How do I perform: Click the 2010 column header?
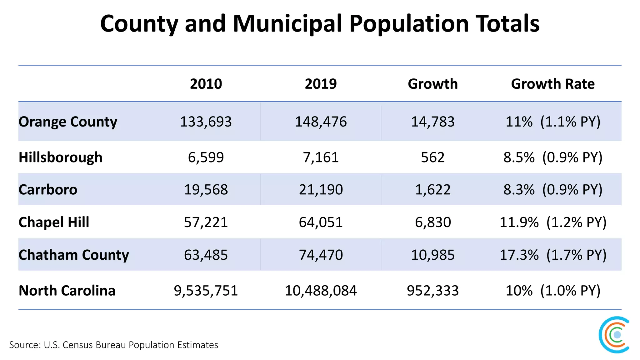click(206, 84)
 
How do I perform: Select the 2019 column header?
click(321, 84)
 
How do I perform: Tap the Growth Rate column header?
click(552, 84)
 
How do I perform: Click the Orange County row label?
click(68, 122)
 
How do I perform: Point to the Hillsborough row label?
click(60, 157)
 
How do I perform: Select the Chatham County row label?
click(73, 255)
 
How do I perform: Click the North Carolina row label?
click(67, 291)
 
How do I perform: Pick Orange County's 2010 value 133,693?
click(206, 122)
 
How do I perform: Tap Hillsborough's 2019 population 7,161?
click(321, 157)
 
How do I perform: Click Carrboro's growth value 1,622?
click(433, 190)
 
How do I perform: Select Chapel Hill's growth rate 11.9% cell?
click(552, 222)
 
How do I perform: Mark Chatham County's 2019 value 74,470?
click(321, 255)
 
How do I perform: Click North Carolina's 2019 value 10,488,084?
click(321, 291)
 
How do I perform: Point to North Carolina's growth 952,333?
click(433, 291)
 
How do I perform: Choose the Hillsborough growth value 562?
click(433, 157)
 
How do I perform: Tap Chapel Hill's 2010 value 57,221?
click(206, 222)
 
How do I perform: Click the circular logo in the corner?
click(614, 335)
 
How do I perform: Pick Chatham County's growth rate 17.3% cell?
click(552, 255)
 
